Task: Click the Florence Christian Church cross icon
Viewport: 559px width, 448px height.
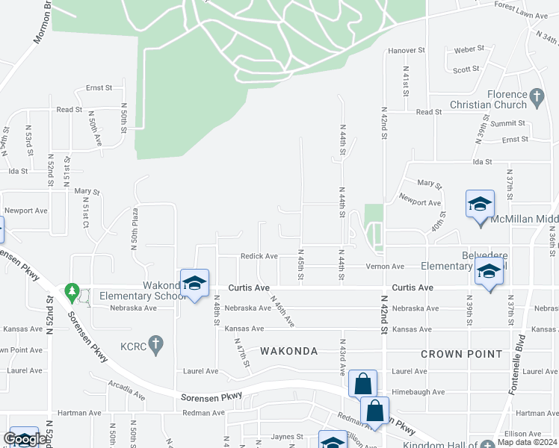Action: pyautogui.click(x=535, y=96)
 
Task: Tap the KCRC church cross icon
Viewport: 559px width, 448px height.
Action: pyautogui.click(x=155, y=344)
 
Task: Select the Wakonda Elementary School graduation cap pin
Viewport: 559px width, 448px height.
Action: pyautogui.click(x=194, y=283)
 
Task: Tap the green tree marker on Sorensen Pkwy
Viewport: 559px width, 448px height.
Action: pyautogui.click(x=72, y=290)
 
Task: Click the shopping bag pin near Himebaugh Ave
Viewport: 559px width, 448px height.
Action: pyautogui.click(x=362, y=384)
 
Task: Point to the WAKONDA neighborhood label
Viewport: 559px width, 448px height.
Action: pyautogui.click(x=289, y=351)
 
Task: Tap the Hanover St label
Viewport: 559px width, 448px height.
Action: pyautogui.click(x=406, y=51)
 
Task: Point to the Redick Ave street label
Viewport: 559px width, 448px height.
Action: pyautogui.click(x=259, y=256)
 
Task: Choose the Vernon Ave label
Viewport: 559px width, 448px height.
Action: pyautogui.click(x=385, y=267)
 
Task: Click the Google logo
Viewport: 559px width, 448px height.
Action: pyautogui.click(x=25, y=440)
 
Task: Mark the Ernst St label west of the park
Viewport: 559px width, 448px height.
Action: pyautogui.click(x=99, y=87)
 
